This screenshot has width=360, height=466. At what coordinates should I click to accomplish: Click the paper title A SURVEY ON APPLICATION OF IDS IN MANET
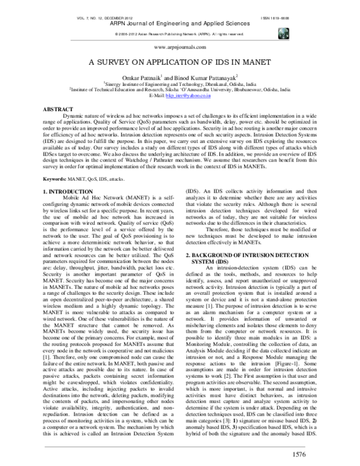coord(180,62)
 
